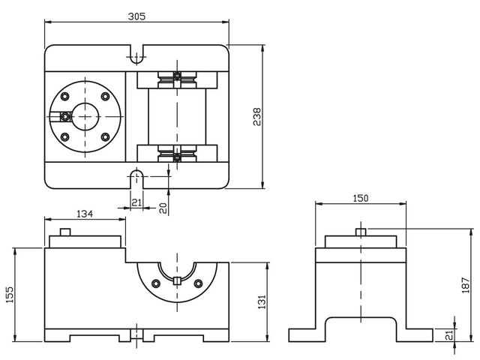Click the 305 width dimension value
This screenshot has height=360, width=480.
pyautogui.click(x=136, y=16)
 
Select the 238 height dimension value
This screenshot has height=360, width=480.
pyautogui.click(x=256, y=117)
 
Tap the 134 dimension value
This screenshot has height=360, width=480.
pyautogui.click(x=85, y=214)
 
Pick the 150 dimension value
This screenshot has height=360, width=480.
pyautogui.click(x=361, y=198)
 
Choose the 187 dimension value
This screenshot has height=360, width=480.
pyautogui.click(x=464, y=285)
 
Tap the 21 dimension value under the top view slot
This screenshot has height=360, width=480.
pyautogui.click(x=136, y=202)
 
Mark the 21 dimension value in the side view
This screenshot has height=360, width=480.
pyautogui.click(x=449, y=334)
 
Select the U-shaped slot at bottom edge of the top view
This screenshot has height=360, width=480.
pyautogui.click(x=136, y=177)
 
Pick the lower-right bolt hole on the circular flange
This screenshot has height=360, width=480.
pyautogui.click(x=105, y=136)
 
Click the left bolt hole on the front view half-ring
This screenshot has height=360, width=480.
pyautogui.click(x=156, y=283)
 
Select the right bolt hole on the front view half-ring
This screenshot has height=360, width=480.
pyautogui.click(x=199, y=283)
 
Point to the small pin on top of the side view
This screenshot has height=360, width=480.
pyautogui.click(x=361, y=232)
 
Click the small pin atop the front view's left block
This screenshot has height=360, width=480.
pyautogui.click(x=65, y=232)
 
